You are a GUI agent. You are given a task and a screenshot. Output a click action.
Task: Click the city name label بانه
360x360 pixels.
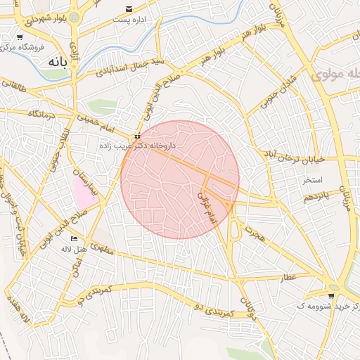tap(58, 62)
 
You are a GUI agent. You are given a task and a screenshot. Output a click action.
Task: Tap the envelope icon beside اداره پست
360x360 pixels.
tap(128, 8)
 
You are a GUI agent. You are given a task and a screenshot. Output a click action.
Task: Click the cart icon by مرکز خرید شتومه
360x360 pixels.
tap(331, 296)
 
